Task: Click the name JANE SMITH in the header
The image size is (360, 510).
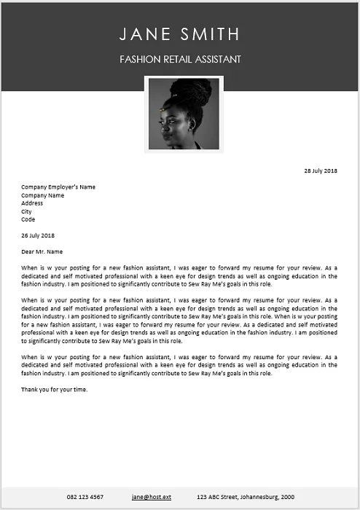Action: pos(179,34)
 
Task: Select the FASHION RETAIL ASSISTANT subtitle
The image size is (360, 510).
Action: pos(180,59)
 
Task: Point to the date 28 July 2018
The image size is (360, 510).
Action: pos(321,170)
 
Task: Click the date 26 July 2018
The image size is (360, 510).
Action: pos(38,235)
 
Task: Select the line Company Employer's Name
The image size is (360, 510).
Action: pos(58,187)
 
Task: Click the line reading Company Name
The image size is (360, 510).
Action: pos(42,195)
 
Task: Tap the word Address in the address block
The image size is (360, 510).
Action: pos(32,203)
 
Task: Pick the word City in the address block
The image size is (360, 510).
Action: pos(26,211)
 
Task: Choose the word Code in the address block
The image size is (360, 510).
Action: pos(28,219)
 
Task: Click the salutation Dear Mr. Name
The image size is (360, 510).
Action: pos(42,251)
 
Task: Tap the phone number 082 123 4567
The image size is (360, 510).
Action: pos(85,497)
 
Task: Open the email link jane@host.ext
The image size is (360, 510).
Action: pos(152,497)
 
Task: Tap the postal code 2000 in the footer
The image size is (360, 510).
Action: pos(287,497)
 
